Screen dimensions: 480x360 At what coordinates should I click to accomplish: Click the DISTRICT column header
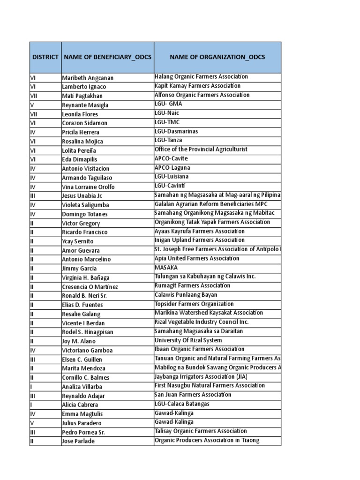(x=45, y=57)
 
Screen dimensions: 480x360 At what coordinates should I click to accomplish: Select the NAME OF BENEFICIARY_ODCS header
(x=107, y=57)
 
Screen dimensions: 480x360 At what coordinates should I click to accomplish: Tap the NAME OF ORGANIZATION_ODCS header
(x=217, y=57)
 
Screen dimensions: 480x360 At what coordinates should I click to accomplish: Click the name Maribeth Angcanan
(x=88, y=78)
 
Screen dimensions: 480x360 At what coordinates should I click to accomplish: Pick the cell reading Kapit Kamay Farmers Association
(x=197, y=86)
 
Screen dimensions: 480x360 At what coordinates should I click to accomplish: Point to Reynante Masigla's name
(x=85, y=105)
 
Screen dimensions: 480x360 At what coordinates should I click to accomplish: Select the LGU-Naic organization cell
(x=167, y=113)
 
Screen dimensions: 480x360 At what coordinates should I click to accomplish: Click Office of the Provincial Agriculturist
(x=201, y=150)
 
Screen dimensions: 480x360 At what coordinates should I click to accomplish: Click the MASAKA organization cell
(x=166, y=268)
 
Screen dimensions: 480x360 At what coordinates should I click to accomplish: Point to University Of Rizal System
(x=188, y=340)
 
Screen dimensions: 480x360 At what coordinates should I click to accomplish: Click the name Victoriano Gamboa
(x=87, y=350)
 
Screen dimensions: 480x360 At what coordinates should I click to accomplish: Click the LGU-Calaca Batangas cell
(x=182, y=404)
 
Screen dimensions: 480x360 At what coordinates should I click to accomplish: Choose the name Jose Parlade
(x=78, y=441)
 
